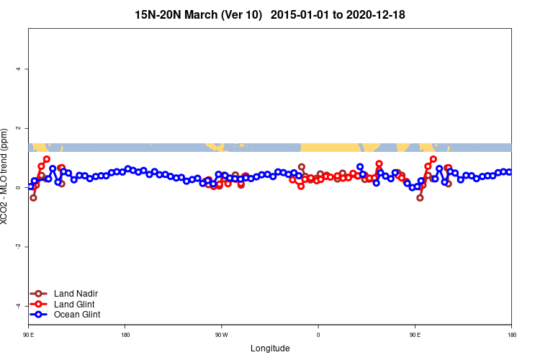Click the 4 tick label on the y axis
[18, 69]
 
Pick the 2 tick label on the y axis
[18, 128]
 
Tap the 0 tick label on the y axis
[18, 187]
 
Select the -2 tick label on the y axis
[18, 246]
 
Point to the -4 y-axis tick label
[18, 305]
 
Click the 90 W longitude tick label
[221, 335]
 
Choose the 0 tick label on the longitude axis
[318, 335]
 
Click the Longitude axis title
[270, 348]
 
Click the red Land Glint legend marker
[40, 304]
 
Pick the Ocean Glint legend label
[77, 315]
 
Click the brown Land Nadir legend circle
[40, 294]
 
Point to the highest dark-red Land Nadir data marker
[302, 167]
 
